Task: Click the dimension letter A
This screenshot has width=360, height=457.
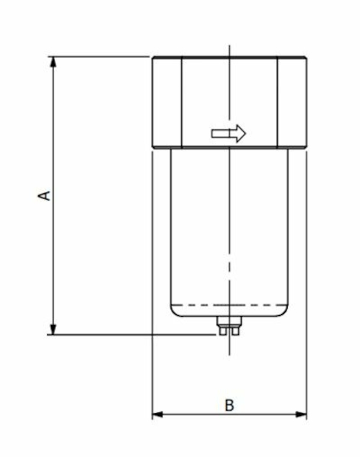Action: [44, 196]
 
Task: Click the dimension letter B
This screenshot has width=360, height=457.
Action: [230, 405]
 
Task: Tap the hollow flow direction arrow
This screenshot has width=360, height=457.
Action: [229, 133]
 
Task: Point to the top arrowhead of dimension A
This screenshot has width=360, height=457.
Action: [53, 62]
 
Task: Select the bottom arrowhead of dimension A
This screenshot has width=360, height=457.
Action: [53, 329]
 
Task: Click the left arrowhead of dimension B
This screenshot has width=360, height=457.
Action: [158, 414]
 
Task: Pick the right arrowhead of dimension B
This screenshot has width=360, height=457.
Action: [301, 414]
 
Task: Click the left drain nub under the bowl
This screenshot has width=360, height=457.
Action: [223, 331]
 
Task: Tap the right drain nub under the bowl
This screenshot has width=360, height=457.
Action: [235, 331]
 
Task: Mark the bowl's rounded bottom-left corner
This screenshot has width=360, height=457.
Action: [174, 313]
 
